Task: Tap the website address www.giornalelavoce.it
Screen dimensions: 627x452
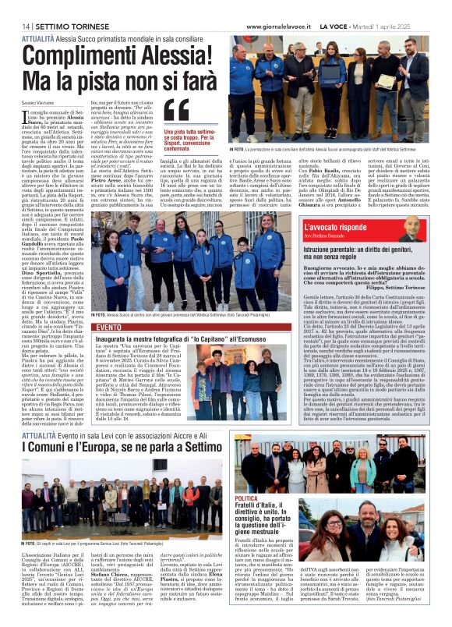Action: coord(280,27)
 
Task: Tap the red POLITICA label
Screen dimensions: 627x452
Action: coord(247,497)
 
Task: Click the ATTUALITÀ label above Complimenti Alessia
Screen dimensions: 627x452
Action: coord(37,37)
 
